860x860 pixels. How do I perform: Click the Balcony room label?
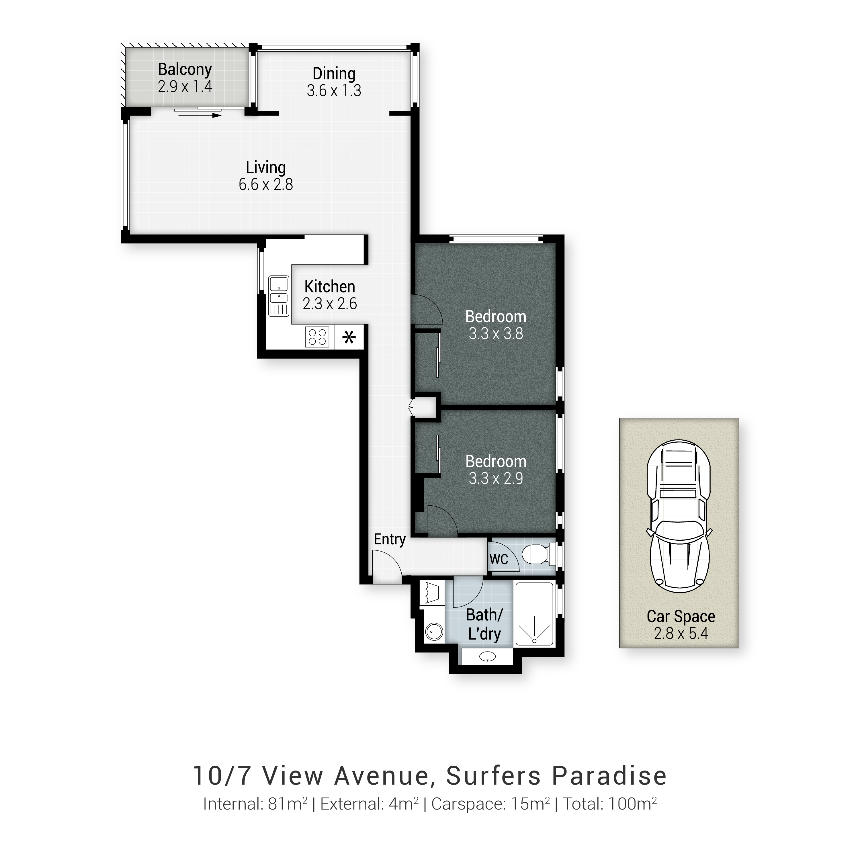point(185,69)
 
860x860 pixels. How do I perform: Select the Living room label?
point(266,167)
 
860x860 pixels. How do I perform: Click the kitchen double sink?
point(279,296)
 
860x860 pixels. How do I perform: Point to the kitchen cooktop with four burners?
point(317,337)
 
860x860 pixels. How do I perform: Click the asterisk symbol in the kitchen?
point(349,337)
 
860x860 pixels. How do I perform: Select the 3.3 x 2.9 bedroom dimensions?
point(496,478)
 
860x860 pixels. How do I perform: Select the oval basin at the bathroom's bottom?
point(488,656)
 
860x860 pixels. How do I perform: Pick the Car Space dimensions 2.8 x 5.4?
point(681,634)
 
